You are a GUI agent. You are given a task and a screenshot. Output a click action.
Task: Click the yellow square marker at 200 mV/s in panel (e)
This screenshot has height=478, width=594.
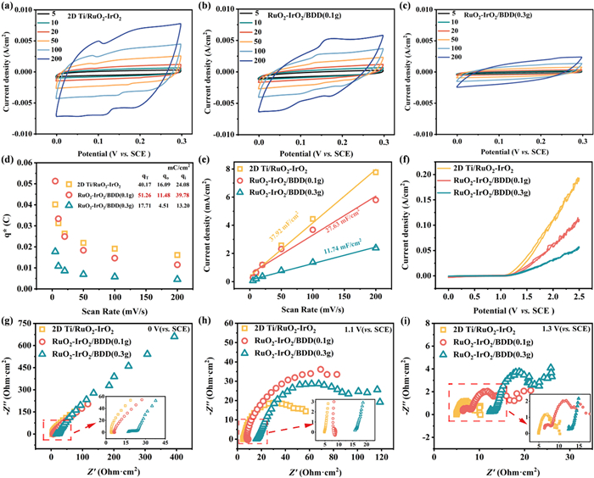375,173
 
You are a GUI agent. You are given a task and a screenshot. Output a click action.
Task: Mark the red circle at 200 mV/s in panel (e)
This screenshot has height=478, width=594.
375,200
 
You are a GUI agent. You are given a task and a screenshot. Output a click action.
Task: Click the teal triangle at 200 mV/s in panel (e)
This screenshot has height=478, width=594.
375,247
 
